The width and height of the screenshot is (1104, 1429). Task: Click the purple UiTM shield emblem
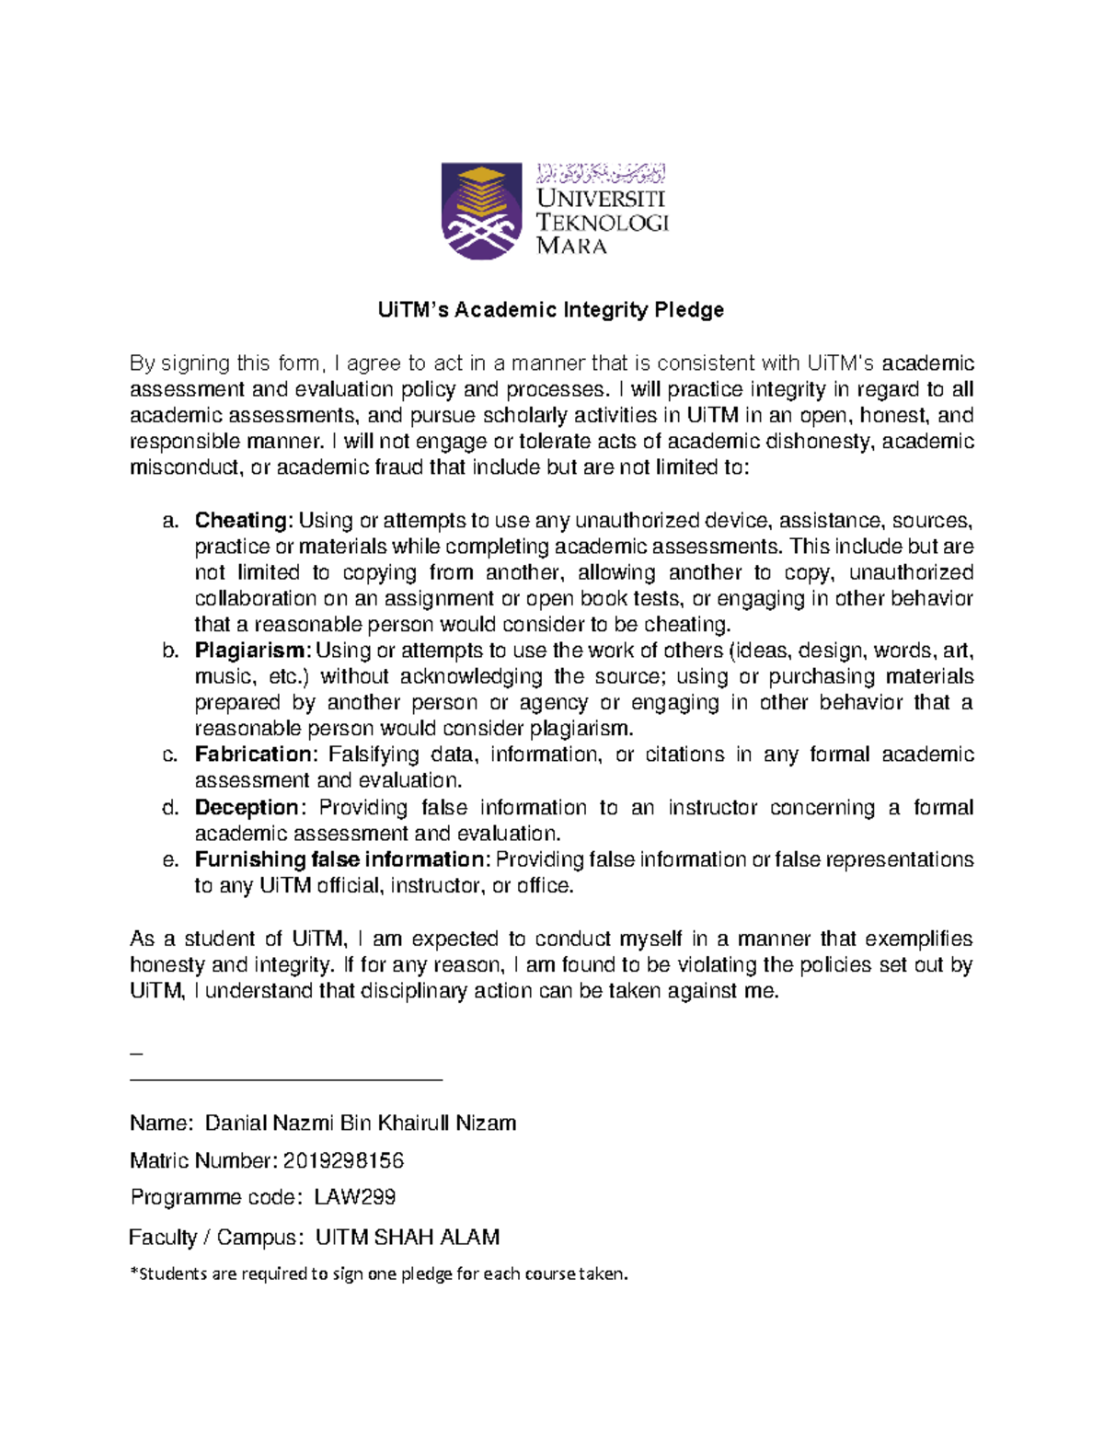tap(481, 211)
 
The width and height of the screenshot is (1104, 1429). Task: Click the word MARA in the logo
tap(571, 246)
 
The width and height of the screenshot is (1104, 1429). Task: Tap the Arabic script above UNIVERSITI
tap(601, 173)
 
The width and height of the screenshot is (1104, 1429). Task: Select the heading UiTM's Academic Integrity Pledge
tap(550, 310)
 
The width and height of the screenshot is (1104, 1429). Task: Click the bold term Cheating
tap(242, 521)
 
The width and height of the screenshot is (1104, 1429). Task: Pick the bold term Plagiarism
tap(252, 651)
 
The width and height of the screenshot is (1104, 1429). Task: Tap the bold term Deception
tap(247, 808)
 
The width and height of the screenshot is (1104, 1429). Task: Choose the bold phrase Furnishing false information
tap(341, 859)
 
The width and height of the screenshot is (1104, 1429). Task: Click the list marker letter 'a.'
tap(169, 521)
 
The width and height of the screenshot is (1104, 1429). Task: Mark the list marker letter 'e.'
tap(169, 859)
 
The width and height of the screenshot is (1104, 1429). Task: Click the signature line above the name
tap(286, 1079)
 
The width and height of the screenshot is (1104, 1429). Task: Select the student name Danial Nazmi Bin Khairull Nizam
tap(360, 1124)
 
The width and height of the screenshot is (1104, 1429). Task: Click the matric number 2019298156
tap(343, 1161)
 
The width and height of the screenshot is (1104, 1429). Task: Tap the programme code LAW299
tap(354, 1197)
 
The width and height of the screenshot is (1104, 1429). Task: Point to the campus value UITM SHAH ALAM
tap(407, 1238)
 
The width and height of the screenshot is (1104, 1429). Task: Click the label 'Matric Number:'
tap(202, 1161)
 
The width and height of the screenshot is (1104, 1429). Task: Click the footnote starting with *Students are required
tap(378, 1274)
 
